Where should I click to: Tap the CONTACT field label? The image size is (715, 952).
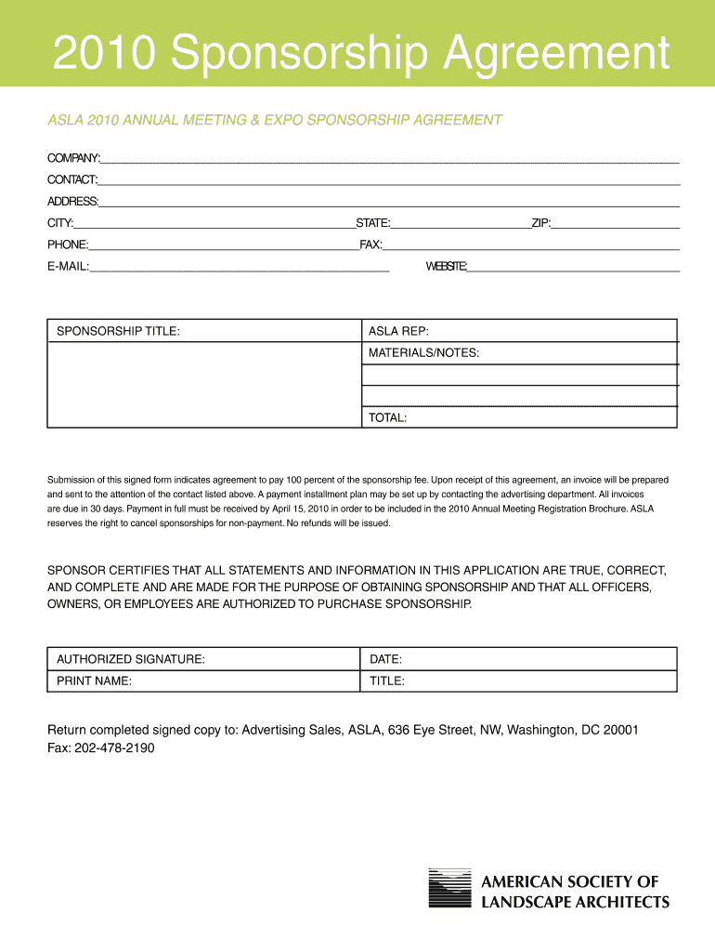(x=72, y=179)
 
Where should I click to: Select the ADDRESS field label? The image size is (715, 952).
(x=73, y=202)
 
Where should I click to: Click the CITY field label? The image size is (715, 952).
(x=60, y=223)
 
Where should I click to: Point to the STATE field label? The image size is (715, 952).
(x=373, y=223)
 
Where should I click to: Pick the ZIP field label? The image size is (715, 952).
(x=541, y=223)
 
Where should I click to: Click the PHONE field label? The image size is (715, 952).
(x=68, y=245)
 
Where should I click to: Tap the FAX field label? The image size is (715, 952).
(x=370, y=245)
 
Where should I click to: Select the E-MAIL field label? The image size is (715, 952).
(x=68, y=267)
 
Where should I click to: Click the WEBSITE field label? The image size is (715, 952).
(x=447, y=267)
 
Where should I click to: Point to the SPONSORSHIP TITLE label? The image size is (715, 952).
(x=119, y=331)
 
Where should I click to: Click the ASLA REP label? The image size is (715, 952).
(x=398, y=331)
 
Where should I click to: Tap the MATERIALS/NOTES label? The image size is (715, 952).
(x=423, y=353)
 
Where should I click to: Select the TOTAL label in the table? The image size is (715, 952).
(x=387, y=418)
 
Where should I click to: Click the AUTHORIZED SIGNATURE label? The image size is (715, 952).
(x=131, y=659)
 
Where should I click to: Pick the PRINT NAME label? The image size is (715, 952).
(x=94, y=681)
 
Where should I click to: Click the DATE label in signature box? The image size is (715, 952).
(x=385, y=659)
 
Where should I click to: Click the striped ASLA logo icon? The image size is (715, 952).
(x=448, y=889)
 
